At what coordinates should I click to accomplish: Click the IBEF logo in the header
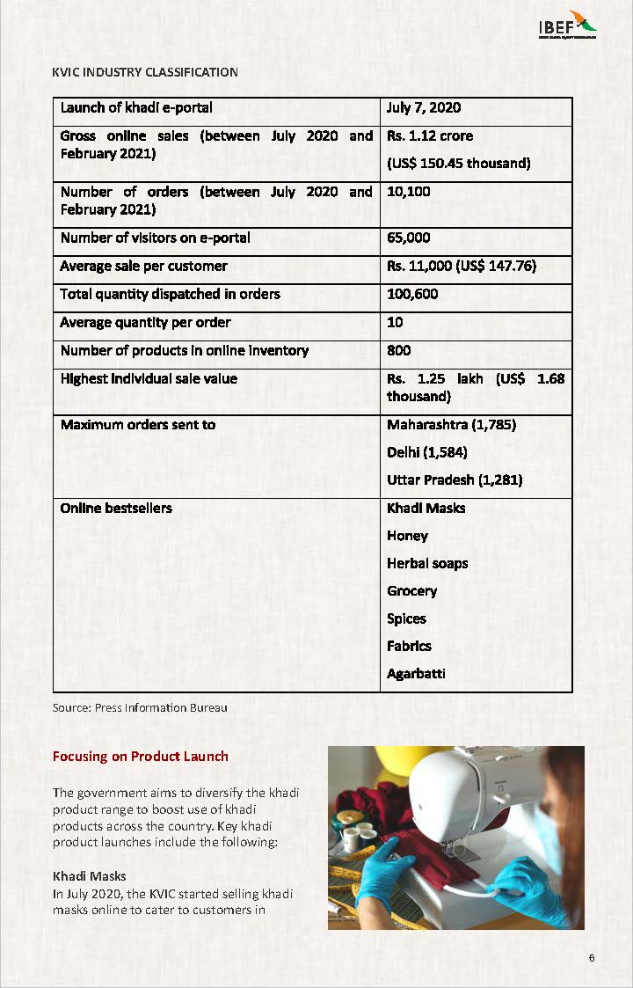click(x=567, y=26)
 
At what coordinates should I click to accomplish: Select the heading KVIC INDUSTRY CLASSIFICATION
click(x=145, y=72)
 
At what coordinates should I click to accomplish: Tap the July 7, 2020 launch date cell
click(x=424, y=108)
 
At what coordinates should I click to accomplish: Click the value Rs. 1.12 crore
click(x=430, y=136)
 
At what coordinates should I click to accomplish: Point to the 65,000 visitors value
click(x=409, y=238)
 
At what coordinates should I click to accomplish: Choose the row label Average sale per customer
click(x=143, y=266)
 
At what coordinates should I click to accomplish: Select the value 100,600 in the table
click(x=412, y=294)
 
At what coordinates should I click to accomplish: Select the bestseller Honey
click(x=407, y=536)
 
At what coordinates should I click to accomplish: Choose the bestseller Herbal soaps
click(x=427, y=563)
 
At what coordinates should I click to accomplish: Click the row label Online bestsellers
click(x=116, y=508)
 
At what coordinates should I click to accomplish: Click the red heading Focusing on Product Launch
click(x=141, y=757)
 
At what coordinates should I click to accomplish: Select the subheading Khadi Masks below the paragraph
click(x=89, y=876)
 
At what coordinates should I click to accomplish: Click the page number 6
click(x=593, y=958)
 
